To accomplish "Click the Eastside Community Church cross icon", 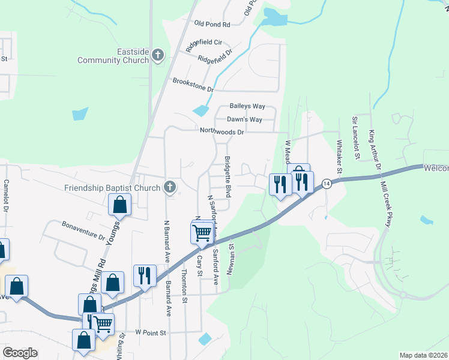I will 158,56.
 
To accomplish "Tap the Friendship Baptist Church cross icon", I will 170,187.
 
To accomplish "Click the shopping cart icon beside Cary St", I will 203,232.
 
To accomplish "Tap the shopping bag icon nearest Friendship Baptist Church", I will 120,204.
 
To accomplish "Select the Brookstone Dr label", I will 193,85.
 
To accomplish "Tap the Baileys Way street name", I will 247,106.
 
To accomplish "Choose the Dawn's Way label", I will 244,120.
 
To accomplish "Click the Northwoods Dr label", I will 222,132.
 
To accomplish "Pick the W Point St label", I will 150,332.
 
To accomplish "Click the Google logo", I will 20,353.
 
